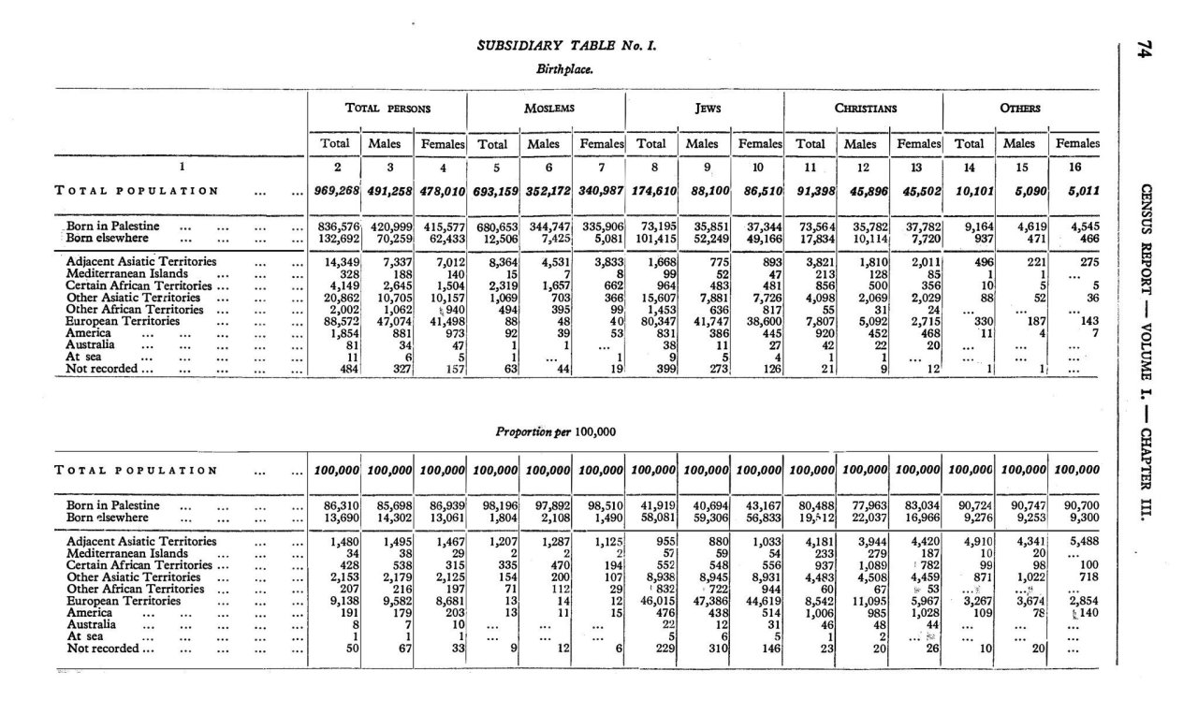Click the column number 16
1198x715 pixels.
coord(1074,168)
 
